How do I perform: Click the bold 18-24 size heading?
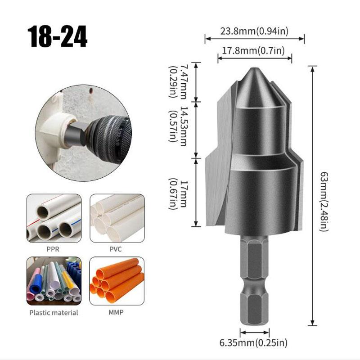pos(58,36)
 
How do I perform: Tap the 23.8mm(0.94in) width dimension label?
pos(254,31)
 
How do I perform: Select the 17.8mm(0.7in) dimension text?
pos(253,50)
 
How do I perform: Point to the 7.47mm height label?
pos(178,81)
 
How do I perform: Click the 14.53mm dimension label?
pos(178,126)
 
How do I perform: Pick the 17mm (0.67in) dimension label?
pos(178,194)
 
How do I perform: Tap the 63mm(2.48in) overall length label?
pos(324,202)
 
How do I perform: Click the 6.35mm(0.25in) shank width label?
pos(253,343)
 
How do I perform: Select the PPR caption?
pos(53,249)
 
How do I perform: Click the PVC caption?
pos(116,249)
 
